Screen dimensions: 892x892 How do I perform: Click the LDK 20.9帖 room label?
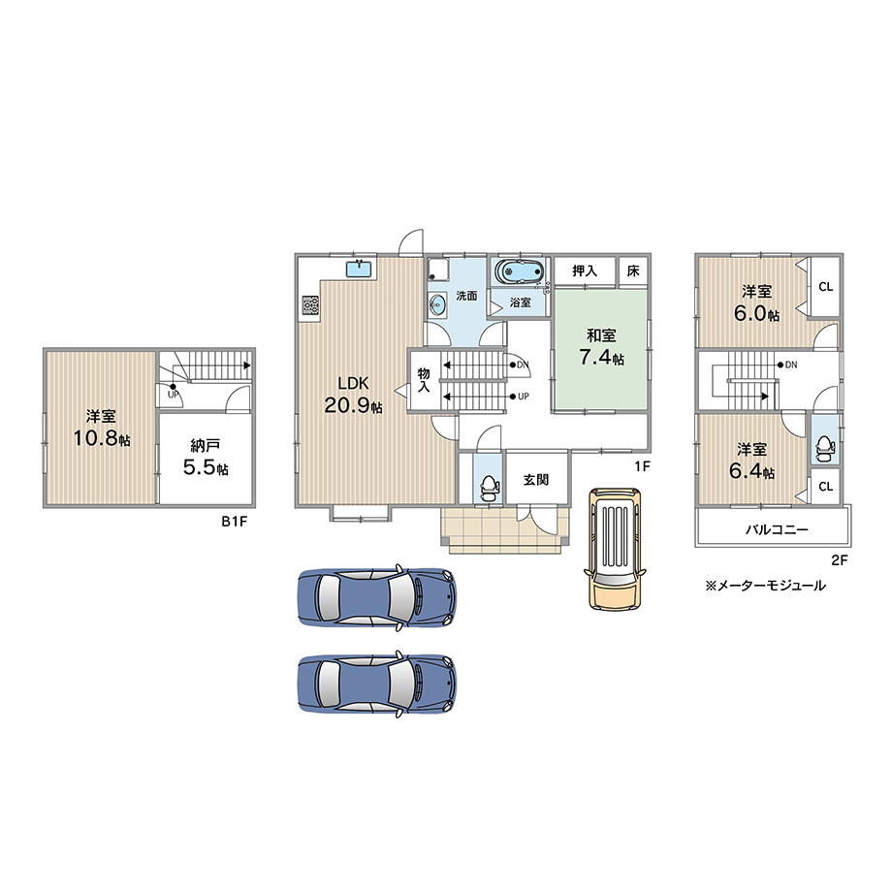(353, 395)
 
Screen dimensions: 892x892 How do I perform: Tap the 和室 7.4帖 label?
(601, 346)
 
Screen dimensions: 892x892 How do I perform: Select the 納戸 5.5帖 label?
(206, 457)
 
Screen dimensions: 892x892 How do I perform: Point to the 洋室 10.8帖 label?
(101, 428)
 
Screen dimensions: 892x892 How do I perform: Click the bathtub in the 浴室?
(518, 271)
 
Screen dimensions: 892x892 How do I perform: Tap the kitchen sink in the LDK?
(359, 268)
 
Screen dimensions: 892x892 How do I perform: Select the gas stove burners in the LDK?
(310, 304)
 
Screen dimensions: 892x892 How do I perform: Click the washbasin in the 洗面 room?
(437, 305)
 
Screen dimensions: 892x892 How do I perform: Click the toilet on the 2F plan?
(824, 448)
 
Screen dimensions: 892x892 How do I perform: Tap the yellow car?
(615, 549)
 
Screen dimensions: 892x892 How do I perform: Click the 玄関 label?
(536, 480)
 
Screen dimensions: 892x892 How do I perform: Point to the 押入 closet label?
(585, 271)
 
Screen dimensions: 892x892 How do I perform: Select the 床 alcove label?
(633, 271)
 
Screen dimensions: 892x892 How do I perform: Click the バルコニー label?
(777, 529)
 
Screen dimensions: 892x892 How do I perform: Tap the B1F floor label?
(235, 521)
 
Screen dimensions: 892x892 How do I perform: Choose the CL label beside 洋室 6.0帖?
(825, 287)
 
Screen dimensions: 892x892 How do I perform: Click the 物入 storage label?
(424, 380)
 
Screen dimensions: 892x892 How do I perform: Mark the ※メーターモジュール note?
(765, 586)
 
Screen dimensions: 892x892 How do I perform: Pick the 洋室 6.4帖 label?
(751, 461)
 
